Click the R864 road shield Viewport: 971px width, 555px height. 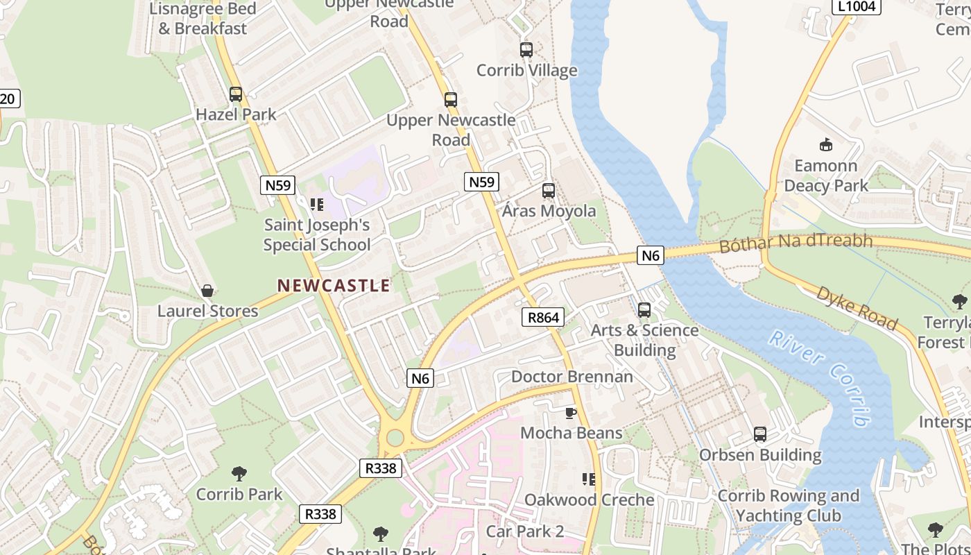click(543, 318)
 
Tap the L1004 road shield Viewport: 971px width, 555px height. click(856, 6)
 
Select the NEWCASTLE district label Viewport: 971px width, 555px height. click(334, 285)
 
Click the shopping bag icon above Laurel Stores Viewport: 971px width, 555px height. click(207, 291)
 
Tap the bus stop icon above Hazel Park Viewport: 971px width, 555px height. click(236, 94)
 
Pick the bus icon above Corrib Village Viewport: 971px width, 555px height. click(526, 50)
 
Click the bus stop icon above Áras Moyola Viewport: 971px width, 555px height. click(549, 190)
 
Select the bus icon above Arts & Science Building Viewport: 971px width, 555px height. click(644, 310)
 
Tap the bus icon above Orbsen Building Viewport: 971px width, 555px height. click(760, 435)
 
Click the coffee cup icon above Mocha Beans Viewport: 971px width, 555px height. click(571, 413)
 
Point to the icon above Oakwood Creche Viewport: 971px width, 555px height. click(589, 479)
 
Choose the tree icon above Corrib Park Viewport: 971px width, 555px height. click(239, 475)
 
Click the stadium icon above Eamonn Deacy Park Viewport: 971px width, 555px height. click(825, 145)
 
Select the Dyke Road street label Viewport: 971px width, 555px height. click(857, 307)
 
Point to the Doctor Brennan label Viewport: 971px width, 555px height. click(572, 377)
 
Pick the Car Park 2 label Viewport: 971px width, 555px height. click(525, 531)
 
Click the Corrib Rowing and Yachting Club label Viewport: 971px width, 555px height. click(789, 506)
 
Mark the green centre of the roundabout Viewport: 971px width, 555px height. click(395, 438)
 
